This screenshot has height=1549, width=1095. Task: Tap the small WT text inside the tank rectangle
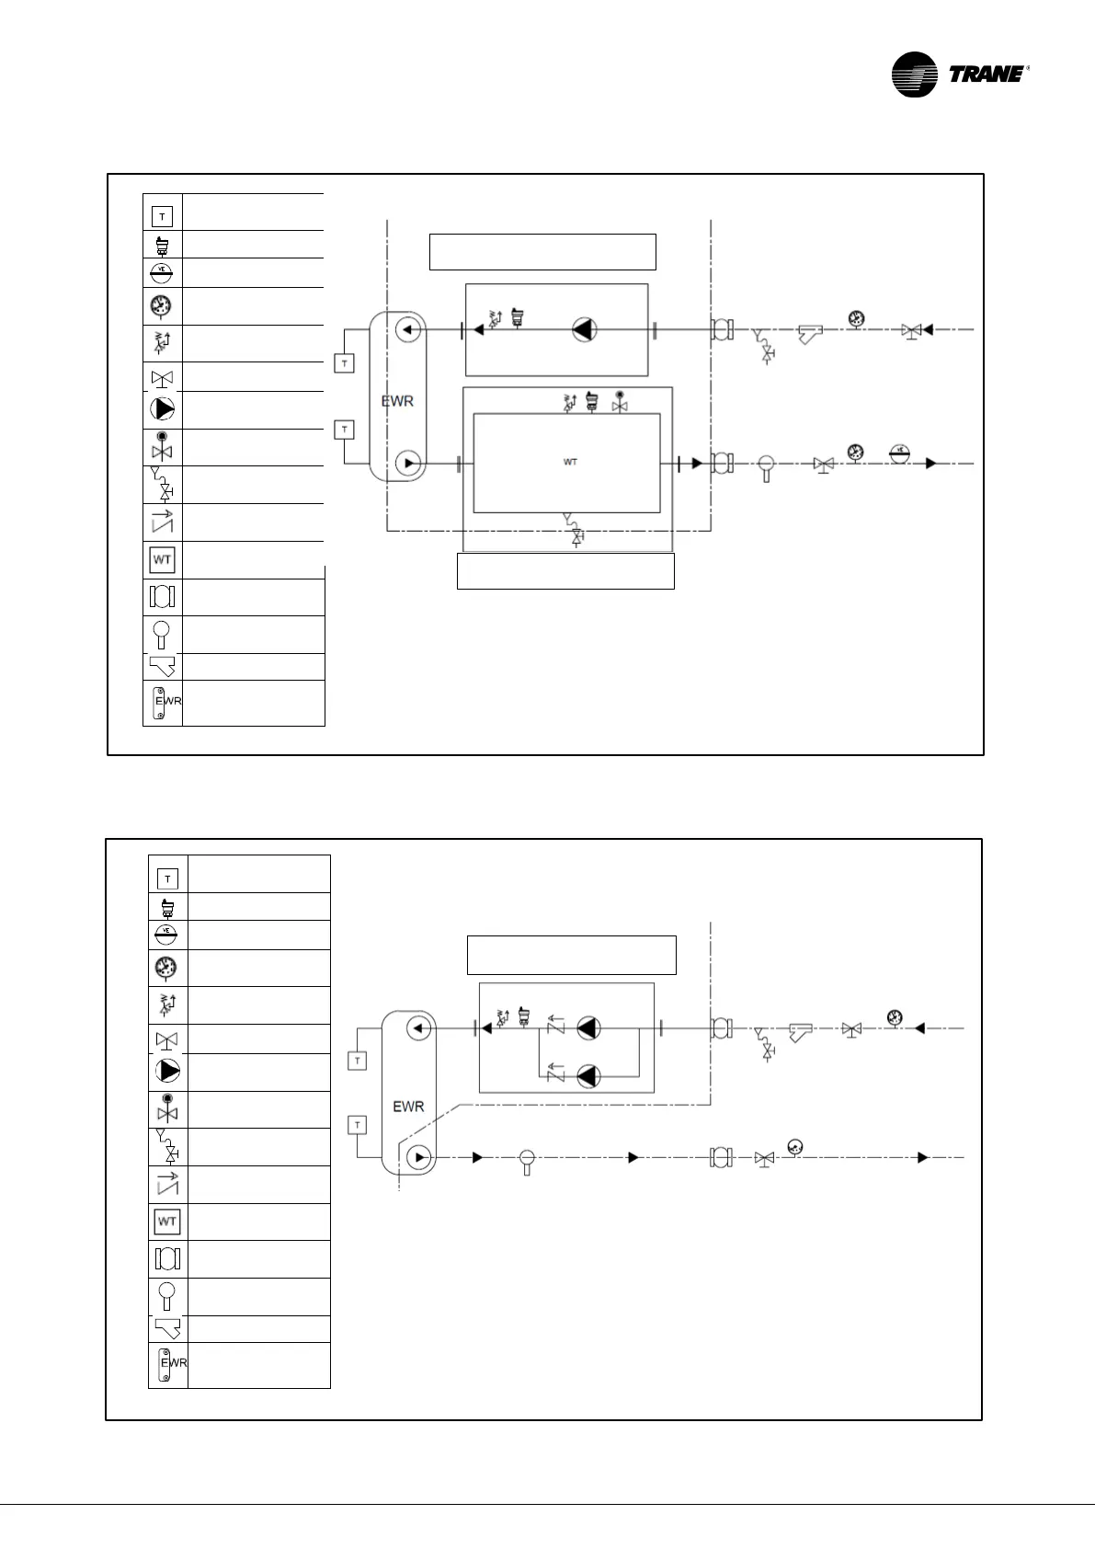pos(570,462)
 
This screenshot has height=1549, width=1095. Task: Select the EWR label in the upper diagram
pos(397,402)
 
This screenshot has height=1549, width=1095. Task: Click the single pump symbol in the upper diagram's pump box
pos(585,329)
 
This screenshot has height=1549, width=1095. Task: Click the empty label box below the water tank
pos(565,570)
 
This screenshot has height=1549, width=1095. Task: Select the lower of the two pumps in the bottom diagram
pos(588,1073)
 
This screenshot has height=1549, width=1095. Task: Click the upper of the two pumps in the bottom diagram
pos(588,1028)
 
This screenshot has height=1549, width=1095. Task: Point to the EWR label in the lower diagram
pos(408,1107)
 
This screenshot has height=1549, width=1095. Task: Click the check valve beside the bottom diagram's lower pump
pos(555,1072)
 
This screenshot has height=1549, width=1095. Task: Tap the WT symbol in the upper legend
pos(162,559)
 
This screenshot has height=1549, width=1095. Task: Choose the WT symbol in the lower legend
pos(167,1222)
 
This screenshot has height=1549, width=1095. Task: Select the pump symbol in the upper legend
pos(162,409)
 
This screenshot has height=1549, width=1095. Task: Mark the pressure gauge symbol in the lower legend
pos(167,968)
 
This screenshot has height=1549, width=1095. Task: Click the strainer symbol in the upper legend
pos(162,666)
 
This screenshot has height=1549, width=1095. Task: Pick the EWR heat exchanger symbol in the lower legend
pos(167,1365)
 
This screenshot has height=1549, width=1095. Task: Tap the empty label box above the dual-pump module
pos(572,955)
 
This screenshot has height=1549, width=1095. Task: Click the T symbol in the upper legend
pos(162,217)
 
